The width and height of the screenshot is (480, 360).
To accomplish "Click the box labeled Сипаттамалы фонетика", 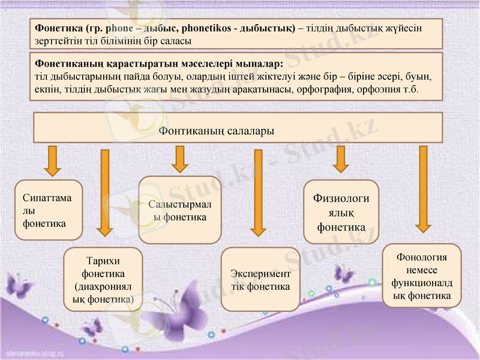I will (49, 210).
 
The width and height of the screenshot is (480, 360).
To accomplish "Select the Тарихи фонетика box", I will (103, 279).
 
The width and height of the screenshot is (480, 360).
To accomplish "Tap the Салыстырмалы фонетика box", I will (180, 210).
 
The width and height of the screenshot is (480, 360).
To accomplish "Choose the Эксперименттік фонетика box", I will (260, 279).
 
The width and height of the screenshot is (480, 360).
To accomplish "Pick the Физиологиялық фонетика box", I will (341, 213).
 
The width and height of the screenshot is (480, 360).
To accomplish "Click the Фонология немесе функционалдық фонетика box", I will (422, 276).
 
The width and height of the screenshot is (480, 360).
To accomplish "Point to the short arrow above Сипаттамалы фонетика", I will (53, 160).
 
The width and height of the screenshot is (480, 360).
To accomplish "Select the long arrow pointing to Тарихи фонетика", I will (105, 192).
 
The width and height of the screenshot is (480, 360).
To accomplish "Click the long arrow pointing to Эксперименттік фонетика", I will (259, 192).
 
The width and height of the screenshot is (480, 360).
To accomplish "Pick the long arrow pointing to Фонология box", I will (423, 189).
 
